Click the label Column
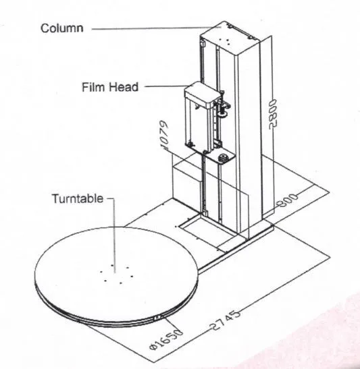[x=62, y=28]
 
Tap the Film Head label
[x=110, y=87]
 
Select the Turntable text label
[x=78, y=198]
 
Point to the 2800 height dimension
[x=273, y=114]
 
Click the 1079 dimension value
[x=164, y=135]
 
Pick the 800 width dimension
[x=288, y=201]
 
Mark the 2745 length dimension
[x=225, y=320]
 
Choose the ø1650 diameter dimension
[x=166, y=339]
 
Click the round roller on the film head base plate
[x=223, y=157]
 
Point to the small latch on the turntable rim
[x=157, y=318]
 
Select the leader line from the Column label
[x=157, y=28]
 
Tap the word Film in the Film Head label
[x=93, y=87]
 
